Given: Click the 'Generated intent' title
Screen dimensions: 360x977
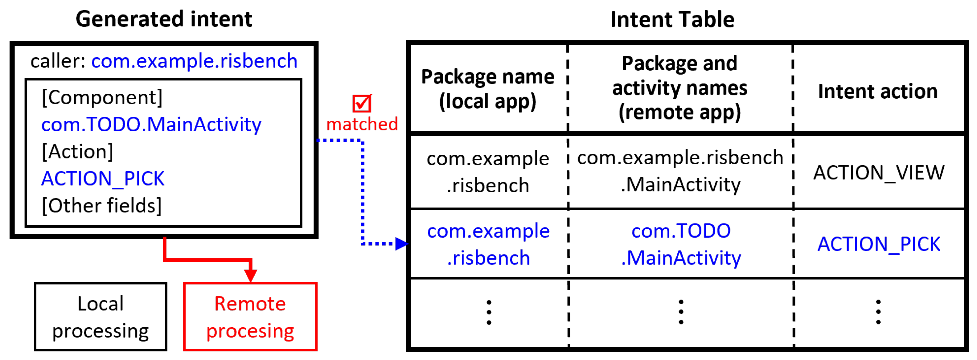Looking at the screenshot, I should pyautogui.click(x=164, y=19).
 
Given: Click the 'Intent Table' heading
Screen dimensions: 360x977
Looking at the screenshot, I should pyautogui.click(x=672, y=19).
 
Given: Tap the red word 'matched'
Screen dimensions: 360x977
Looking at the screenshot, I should pyautogui.click(x=362, y=124).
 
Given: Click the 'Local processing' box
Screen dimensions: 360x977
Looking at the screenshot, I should pyautogui.click(x=101, y=317).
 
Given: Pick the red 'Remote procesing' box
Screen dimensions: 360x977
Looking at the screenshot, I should pyautogui.click(x=250, y=317).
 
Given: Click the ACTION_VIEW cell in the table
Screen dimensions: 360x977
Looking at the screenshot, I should pyautogui.click(x=878, y=173).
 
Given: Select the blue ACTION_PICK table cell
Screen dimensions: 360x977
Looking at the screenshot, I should pyautogui.click(x=878, y=244).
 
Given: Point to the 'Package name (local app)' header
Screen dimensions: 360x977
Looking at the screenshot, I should pyautogui.click(x=488, y=89).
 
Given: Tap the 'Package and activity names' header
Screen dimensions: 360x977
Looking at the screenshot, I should pyautogui.click(x=680, y=88).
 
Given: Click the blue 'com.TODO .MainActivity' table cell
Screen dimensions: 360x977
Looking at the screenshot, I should pyautogui.click(x=681, y=244).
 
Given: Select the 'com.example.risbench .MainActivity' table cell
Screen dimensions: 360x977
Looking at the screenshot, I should pyautogui.click(x=680, y=171).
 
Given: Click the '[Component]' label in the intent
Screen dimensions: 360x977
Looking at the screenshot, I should pyautogui.click(x=102, y=97).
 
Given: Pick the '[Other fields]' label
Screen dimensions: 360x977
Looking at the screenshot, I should pyautogui.click(x=102, y=206).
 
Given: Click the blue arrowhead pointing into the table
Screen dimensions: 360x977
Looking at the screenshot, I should pyautogui.click(x=401, y=243).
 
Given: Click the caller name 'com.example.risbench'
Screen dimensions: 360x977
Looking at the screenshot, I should pyautogui.click(x=194, y=61).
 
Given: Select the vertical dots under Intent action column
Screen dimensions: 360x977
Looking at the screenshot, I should pyautogui.click(x=878, y=312).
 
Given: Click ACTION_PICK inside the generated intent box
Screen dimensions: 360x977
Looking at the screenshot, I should pyautogui.click(x=103, y=178).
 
